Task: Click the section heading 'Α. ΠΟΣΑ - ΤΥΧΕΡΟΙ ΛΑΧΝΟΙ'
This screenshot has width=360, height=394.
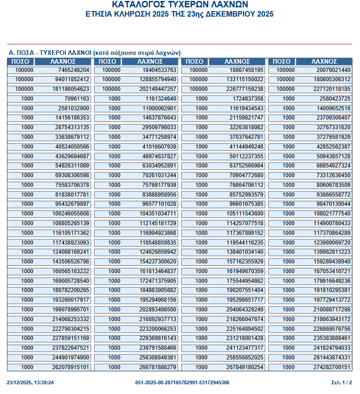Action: click(x=50, y=53)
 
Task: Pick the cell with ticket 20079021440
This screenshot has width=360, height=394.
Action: click(x=333, y=70)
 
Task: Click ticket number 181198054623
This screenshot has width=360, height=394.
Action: click(x=71, y=89)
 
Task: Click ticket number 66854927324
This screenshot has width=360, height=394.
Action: click(x=333, y=165)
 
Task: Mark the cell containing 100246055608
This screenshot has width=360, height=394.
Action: click(x=71, y=213)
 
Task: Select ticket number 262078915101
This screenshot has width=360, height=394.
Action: click(x=71, y=367)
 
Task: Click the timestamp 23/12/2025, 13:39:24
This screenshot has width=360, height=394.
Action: click(x=30, y=382)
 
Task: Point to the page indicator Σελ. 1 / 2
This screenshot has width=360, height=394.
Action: click(x=342, y=382)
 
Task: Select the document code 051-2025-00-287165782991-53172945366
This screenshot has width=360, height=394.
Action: click(x=183, y=382)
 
